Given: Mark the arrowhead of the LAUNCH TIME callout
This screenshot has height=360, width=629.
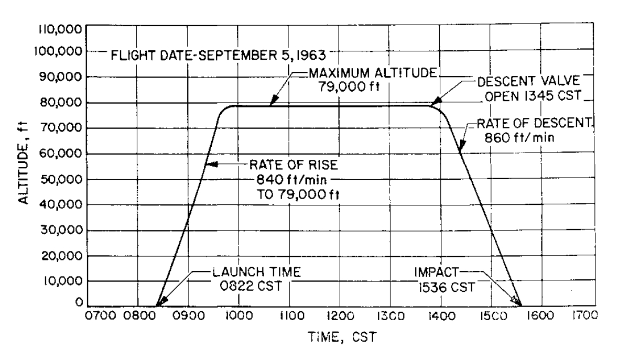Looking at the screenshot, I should tap(160, 302).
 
